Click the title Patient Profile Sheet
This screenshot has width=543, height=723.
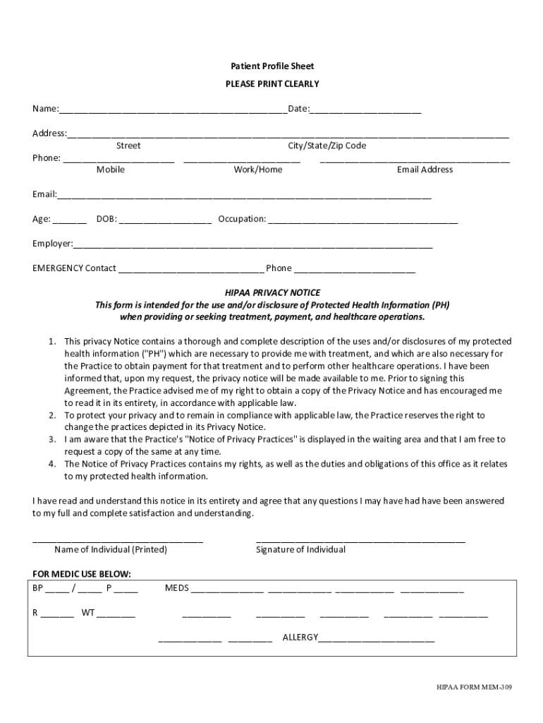272,66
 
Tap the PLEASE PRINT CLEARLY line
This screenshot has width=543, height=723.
272,84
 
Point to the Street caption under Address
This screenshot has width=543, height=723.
128,146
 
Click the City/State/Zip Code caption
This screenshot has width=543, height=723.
327,146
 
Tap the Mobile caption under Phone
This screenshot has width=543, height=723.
111,169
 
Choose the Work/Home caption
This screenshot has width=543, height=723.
258,169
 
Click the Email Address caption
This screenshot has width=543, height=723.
425,169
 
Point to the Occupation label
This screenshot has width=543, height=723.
242,219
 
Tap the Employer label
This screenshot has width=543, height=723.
53,244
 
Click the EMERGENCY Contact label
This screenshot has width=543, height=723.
74,268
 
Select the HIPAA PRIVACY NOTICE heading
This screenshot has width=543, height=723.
272,292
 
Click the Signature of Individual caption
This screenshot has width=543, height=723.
300,549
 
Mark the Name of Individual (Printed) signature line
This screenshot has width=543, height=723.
118,540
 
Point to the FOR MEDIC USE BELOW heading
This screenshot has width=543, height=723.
82,573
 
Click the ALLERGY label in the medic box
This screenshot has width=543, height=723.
300,638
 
